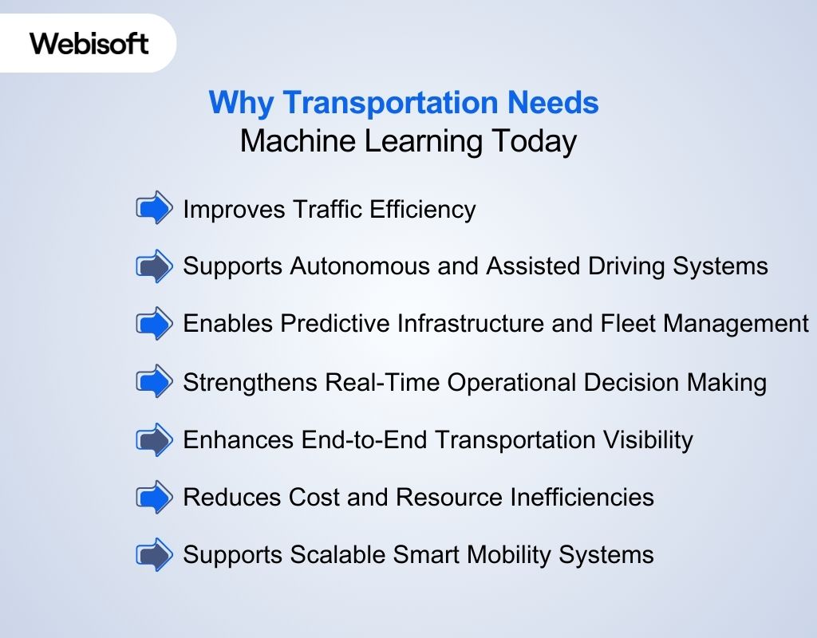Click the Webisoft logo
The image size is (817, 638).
89,43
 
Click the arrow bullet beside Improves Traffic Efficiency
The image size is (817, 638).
154,209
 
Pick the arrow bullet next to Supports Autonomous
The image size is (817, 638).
154,266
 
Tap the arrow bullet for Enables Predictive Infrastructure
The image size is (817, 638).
154,324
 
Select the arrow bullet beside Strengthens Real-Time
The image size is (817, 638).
154,382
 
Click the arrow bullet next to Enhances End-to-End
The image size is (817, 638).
154,439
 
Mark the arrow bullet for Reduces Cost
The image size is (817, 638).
154,498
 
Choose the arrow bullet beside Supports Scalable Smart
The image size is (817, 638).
154,555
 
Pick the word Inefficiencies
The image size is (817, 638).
582,498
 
